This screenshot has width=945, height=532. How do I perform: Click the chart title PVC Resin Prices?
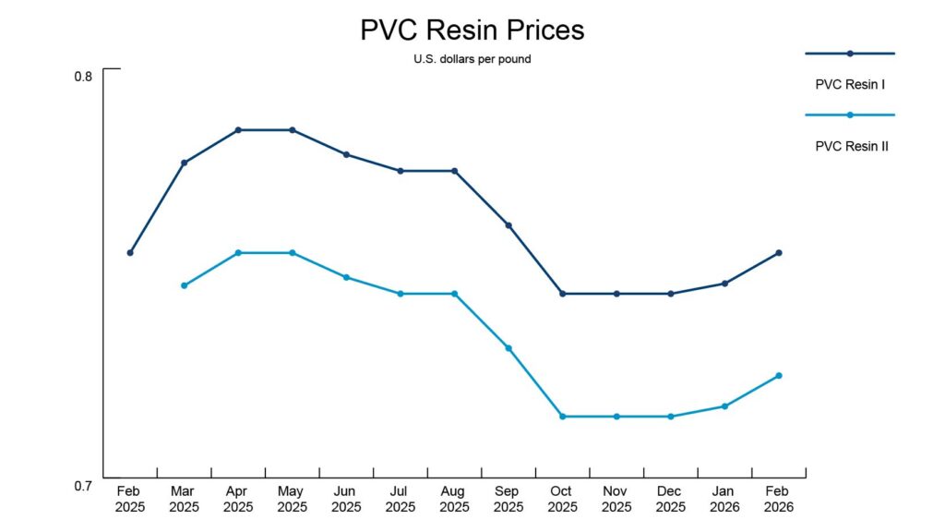pos(472,30)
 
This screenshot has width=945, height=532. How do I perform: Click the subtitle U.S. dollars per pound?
pos(472,59)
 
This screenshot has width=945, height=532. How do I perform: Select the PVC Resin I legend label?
pos(850,84)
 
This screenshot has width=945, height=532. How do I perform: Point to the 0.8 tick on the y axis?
pos(83,77)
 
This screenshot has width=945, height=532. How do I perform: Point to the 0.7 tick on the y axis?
pos(83,486)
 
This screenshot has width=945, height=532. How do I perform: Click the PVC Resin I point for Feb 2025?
pos(130,252)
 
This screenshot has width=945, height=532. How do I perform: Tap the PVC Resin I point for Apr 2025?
pos(238,130)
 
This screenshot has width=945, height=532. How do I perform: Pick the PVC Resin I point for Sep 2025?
pos(508,225)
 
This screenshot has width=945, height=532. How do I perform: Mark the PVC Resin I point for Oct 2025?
pos(562,294)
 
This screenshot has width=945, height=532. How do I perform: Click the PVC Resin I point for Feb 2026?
pos(779,252)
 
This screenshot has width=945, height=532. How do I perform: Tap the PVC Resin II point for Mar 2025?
pos(185,285)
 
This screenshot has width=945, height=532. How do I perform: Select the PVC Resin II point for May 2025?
pos(293,252)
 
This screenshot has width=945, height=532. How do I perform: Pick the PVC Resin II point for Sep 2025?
pos(508,348)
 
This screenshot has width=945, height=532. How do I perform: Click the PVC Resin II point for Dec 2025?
pos(671,417)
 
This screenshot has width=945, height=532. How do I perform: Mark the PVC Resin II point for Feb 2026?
pos(779,375)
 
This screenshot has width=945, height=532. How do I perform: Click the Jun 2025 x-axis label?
pos(346,499)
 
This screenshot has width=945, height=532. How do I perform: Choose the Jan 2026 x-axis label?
pos(724,499)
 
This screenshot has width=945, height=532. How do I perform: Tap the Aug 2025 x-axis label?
pos(454,499)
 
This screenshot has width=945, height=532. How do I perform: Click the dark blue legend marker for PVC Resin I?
pos(850,54)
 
